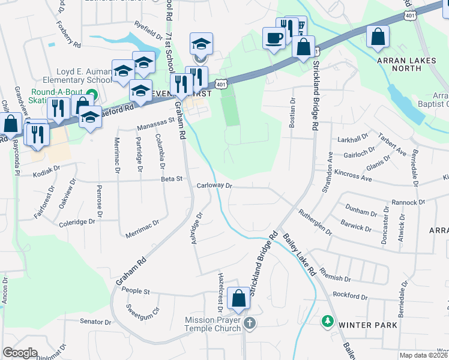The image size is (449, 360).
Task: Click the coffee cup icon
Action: point(275,38)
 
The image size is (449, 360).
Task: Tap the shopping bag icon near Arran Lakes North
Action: point(378,36)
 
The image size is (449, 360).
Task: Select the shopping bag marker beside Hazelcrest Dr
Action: point(238,298)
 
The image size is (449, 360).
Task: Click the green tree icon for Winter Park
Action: point(328,322)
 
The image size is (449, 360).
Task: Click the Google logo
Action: point(20,353)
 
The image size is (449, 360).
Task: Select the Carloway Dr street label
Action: point(214,186)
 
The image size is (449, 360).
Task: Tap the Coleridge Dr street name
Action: point(77,222)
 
